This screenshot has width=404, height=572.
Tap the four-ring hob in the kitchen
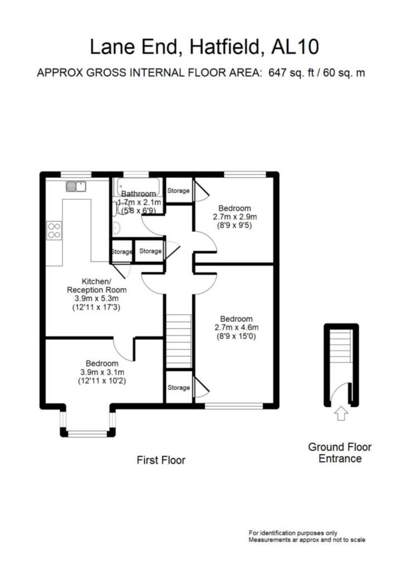click(x=54, y=230)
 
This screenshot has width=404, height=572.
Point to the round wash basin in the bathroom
click(x=116, y=227)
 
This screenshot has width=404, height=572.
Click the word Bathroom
click(x=139, y=194)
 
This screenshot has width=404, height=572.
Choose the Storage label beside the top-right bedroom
click(x=179, y=190)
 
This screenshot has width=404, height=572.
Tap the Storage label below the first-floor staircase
click(x=179, y=387)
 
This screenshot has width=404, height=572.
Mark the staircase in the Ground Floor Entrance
click(x=341, y=347)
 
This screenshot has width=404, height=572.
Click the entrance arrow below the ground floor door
click(x=341, y=413)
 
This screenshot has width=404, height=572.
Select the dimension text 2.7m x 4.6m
click(x=237, y=327)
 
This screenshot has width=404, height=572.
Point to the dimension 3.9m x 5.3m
click(x=97, y=299)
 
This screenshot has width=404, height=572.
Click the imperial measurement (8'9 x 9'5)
click(x=234, y=226)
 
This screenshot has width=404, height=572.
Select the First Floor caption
click(x=161, y=460)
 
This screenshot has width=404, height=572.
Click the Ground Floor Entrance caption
click(x=340, y=453)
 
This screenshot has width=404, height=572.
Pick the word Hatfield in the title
click(x=221, y=47)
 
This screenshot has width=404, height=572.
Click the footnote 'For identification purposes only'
click(x=292, y=533)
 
